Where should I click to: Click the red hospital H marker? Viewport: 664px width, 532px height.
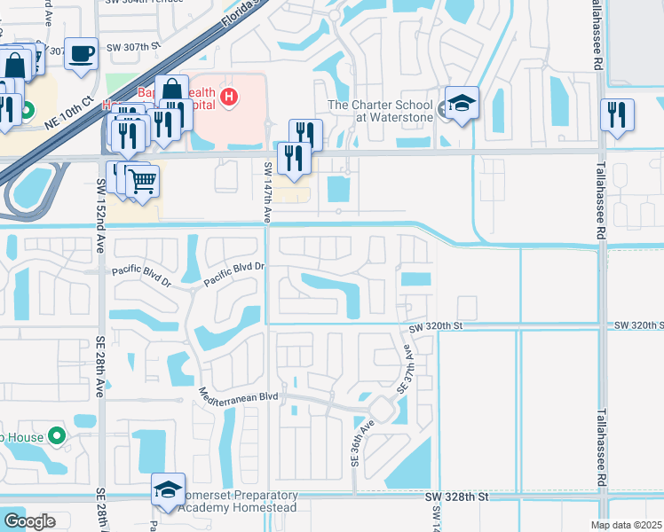tap(230, 97)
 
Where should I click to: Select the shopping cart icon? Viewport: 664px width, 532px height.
tap(142, 182)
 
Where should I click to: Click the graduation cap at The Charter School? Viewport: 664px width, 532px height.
tap(462, 103)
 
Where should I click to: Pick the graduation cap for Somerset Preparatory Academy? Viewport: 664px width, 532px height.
tap(167, 489)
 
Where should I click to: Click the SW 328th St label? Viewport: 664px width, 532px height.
tap(456, 498)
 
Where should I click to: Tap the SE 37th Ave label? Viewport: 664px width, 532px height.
tap(406, 367)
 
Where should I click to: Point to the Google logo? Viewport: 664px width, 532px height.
tap(29, 521)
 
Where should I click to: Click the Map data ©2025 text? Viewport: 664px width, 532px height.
tap(627, 525)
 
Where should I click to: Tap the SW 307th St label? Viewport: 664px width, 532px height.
tap(134, 46)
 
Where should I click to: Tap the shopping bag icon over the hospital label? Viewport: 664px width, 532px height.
tap(171, 90)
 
